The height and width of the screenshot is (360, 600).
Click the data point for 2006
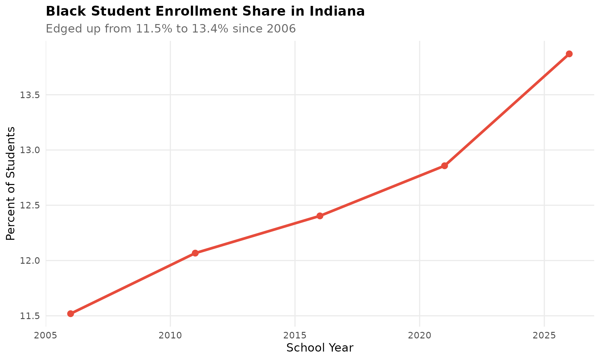click(71, 313)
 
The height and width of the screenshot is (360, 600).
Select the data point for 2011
click(195, 253)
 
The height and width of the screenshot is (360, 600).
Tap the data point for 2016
click(320, 216)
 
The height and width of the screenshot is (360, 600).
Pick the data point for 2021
click(444, 166)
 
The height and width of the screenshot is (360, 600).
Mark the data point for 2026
click(569, 54)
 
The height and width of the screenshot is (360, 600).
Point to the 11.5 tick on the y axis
click(30, 316)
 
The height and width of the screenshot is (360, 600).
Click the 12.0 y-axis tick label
click(30, 261)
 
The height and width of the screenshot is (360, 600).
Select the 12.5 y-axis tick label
click(30, 205)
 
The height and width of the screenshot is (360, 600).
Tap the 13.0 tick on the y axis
click(30, 150)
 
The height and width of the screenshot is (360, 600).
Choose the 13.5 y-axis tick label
click(30, 95)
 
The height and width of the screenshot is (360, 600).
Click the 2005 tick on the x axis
click(46, 336)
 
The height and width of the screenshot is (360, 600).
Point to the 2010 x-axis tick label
click(170, 336)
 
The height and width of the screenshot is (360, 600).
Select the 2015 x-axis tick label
click(295, 336)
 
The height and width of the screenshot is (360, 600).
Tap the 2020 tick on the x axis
click(419, 336)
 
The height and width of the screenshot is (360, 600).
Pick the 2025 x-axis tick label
click(544, 336)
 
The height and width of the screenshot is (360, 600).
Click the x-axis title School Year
click(320, 348)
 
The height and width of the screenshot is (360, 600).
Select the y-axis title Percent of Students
click(11, 183)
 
